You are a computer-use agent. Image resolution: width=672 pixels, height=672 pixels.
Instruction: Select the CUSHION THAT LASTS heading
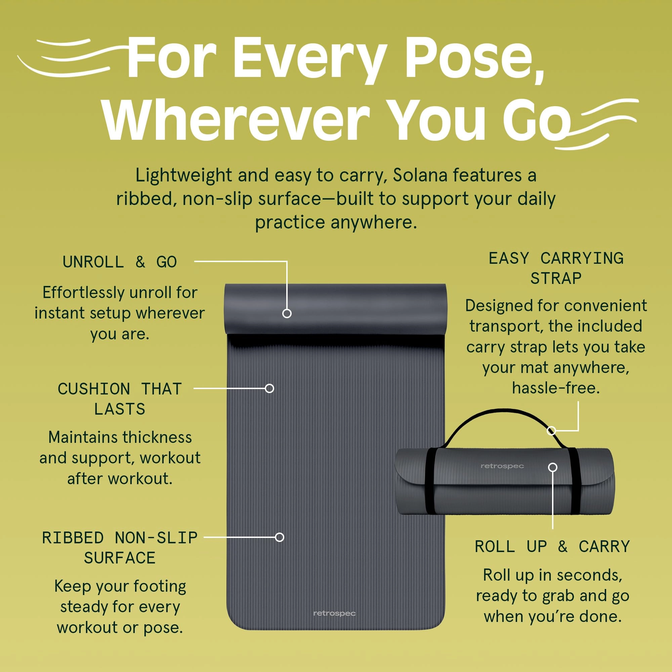coord(120,398)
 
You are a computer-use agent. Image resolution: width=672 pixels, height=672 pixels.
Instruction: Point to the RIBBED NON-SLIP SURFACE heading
coord(120,547)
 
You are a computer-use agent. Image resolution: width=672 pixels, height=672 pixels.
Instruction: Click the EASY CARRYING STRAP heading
coord(556,268)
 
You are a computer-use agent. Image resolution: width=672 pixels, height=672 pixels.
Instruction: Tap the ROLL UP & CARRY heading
coord(552,546)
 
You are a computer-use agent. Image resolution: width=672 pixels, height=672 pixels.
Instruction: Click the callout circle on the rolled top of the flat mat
coord(287,313)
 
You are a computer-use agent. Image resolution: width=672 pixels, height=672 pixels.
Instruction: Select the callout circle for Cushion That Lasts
coord(269,388)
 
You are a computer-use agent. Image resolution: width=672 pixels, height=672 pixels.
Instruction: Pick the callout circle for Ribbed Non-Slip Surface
coord(279,537)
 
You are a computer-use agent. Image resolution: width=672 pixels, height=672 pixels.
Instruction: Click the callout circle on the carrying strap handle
coord(551,431)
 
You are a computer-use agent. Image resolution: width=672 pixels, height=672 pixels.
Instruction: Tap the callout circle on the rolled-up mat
coord(553,467)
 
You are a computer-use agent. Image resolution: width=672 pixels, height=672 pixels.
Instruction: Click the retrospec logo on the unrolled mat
coord(334,613)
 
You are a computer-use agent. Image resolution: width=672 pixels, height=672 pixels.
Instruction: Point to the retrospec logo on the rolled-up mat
coord(502,466)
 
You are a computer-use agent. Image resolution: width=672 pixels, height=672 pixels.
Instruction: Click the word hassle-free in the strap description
coord(556,388)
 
